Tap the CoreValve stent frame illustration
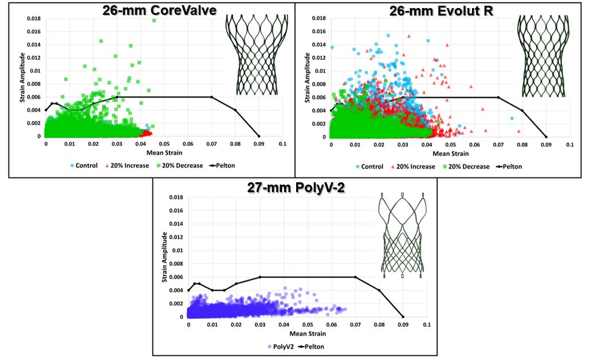(255, 55)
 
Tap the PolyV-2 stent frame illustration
(403, 235)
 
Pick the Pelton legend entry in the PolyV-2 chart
(309, 346)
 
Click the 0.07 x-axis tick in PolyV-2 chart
(355, 324)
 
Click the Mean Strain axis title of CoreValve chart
(163, 154)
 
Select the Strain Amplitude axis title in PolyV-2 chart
(164, 257)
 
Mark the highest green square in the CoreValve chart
(154, 21)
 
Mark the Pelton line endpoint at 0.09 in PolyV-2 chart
(403, 316)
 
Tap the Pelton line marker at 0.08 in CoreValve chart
(235, 110)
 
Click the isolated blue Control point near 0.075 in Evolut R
(512, 119)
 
